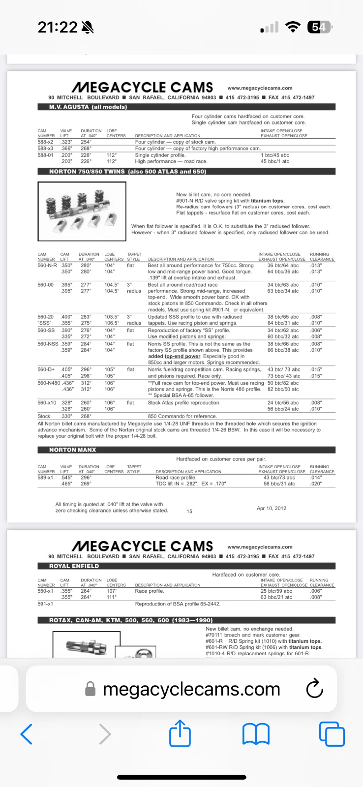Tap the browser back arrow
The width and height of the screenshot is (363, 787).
pyautogui.click(x=27, y=734)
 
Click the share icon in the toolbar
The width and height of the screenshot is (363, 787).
pyautogui.click(x=180, y=734)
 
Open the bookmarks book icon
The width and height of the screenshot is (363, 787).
pyautogui.click(x=256, y=734)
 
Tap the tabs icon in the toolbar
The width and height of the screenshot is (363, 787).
pyautogui.click(x=332, y=734)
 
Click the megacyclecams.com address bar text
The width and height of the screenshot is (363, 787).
pyautogui.click(x=191, y=689)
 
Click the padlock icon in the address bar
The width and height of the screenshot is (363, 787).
pyautogui.click(x=91, y=689)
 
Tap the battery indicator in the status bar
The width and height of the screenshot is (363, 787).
pyautogui.click(x=319, y=28)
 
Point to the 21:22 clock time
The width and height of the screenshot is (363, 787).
pyautogui.click(x=58, y=28)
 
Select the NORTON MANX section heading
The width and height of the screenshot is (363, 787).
pyautogui.click(x=73, y=450)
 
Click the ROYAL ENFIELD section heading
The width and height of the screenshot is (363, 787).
pyautogui.click(x=74, y=566)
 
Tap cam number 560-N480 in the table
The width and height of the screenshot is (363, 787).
pyautogui.click(x=49, y=383)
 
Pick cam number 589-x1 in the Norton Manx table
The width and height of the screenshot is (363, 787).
pyautogui.click(x=45, y=478)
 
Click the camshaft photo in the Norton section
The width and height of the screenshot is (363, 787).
pyautogui.click(x=82, y=212)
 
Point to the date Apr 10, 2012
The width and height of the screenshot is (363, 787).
pyautogui.click(x=272, y=508)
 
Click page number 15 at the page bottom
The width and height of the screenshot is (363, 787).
pyautogui.click(x=189, y=512)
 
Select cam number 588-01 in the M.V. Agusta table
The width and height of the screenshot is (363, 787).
pyautogui.click(x=45, y=155)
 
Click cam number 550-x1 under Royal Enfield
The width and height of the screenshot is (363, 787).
pyautogui.click(x=45, y=591)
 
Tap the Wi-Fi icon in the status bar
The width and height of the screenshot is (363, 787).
pyautogui.click(x=293, y=28)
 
